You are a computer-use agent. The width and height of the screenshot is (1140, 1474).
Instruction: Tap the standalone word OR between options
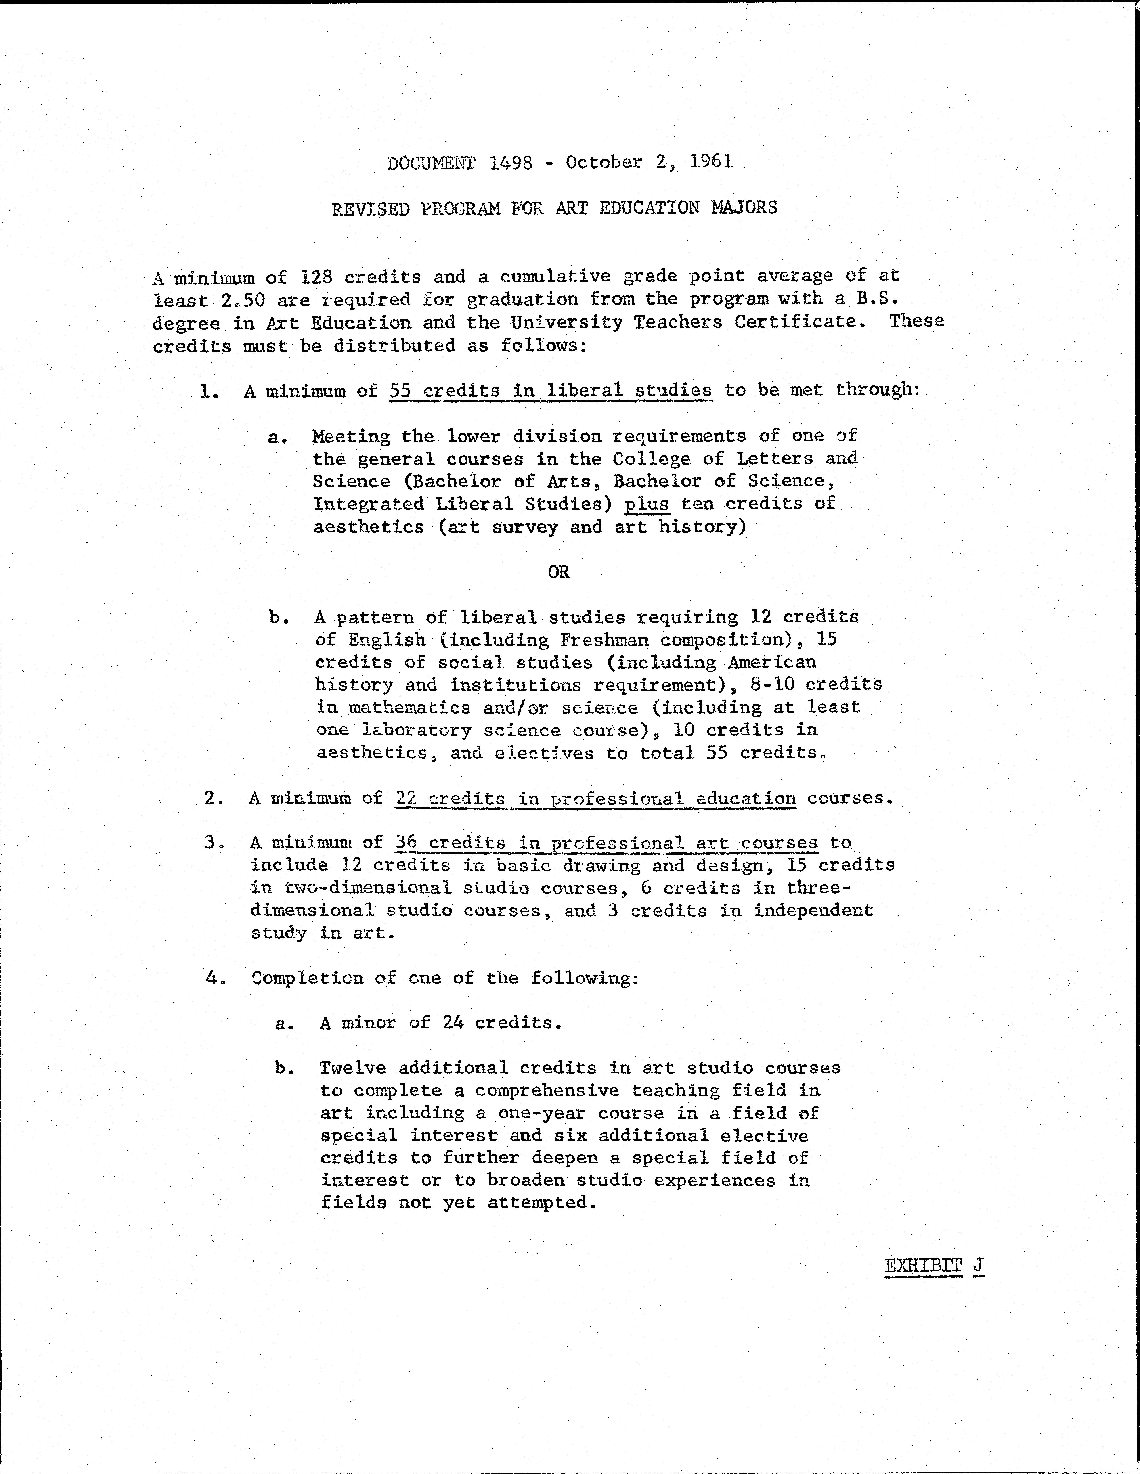click(x=559, y=572)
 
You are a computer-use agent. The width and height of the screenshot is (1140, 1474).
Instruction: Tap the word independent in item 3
click(x=813, y=911)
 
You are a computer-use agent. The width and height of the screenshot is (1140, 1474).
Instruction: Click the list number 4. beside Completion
click(x=215, y=978)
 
